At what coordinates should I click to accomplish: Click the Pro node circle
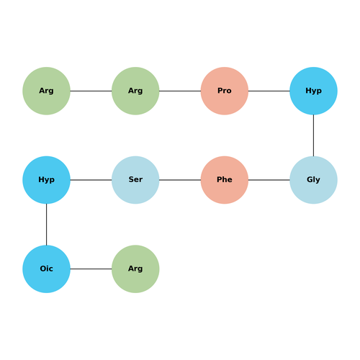[x=225, y=91]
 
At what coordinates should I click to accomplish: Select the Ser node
[x=135, y=180]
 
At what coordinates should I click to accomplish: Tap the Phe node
[x=225, y=180]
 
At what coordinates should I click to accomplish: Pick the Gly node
[x=313, y=180]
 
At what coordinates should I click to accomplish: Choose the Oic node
[x=46, y=269]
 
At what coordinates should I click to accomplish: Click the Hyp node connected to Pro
[x=313, y=91]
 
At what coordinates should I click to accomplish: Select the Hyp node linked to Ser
[x=46, y=180]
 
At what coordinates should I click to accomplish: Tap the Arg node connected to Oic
[x=135, y=269]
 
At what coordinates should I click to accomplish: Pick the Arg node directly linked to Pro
[x=135, y=91]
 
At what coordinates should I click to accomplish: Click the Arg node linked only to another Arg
[x=46, y=91]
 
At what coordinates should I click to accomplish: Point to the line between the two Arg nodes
[x=91, y=91]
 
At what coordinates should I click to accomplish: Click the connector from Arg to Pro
[x=180, y=91]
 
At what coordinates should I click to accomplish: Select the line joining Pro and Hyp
[x=269, y=91]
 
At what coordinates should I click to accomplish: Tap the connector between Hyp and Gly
[x=313, y=135]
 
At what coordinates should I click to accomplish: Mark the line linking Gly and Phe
[x=269, y=180]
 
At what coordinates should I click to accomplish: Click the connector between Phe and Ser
[x=180, y=180]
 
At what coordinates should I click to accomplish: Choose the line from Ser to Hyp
[x=91, y=180]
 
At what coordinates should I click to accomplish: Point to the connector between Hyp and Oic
[x=46, y=225]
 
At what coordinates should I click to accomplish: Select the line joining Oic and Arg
[x=91, y=269]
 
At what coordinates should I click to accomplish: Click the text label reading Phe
[x=225, y=179]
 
